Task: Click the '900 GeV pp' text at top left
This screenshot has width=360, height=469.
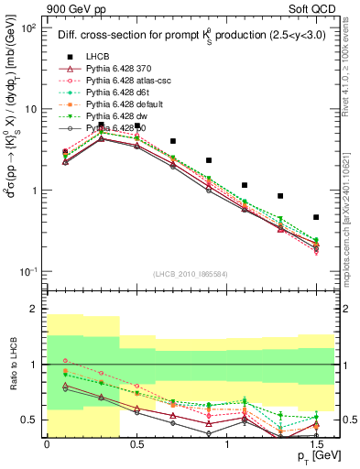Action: (74, 8)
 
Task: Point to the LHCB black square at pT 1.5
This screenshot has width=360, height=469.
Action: (316, 217)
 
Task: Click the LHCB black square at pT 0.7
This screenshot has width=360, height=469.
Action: (172, 142)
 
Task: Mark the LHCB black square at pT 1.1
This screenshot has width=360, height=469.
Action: (245, 185)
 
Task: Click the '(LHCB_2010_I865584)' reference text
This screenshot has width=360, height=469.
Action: (190, 275)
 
